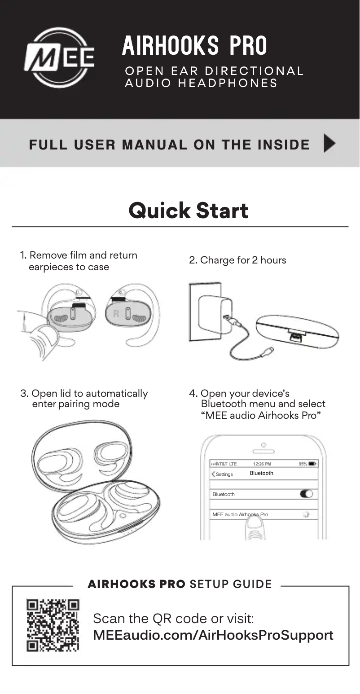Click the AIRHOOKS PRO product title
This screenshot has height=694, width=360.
[x=194, y=46]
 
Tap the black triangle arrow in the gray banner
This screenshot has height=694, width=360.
[x=329, y=144]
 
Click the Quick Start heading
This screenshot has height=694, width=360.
[x=188, y=211]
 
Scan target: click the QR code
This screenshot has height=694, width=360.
[x=53, y=625]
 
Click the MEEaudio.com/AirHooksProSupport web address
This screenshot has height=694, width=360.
[x=213, y=635]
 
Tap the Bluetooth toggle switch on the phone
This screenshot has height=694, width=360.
[x=306, y=494]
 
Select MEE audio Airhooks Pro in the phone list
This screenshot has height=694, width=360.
[x=240, y=514]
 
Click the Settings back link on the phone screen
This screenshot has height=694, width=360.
[x=222, y=474]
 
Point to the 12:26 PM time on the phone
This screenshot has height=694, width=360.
[x=262, y=464]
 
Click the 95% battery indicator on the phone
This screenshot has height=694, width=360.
[x=307, y=464]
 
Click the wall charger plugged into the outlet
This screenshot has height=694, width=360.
[x=215, y=314]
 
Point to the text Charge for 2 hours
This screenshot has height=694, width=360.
[x=237, y=260]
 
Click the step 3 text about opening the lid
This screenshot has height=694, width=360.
[x=84, y=399]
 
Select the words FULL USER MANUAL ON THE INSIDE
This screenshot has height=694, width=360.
[x=169, y=145]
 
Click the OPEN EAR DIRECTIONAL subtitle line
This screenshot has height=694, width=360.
[x=214, y=71]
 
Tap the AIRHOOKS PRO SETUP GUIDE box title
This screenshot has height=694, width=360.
[x=180, y=584]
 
